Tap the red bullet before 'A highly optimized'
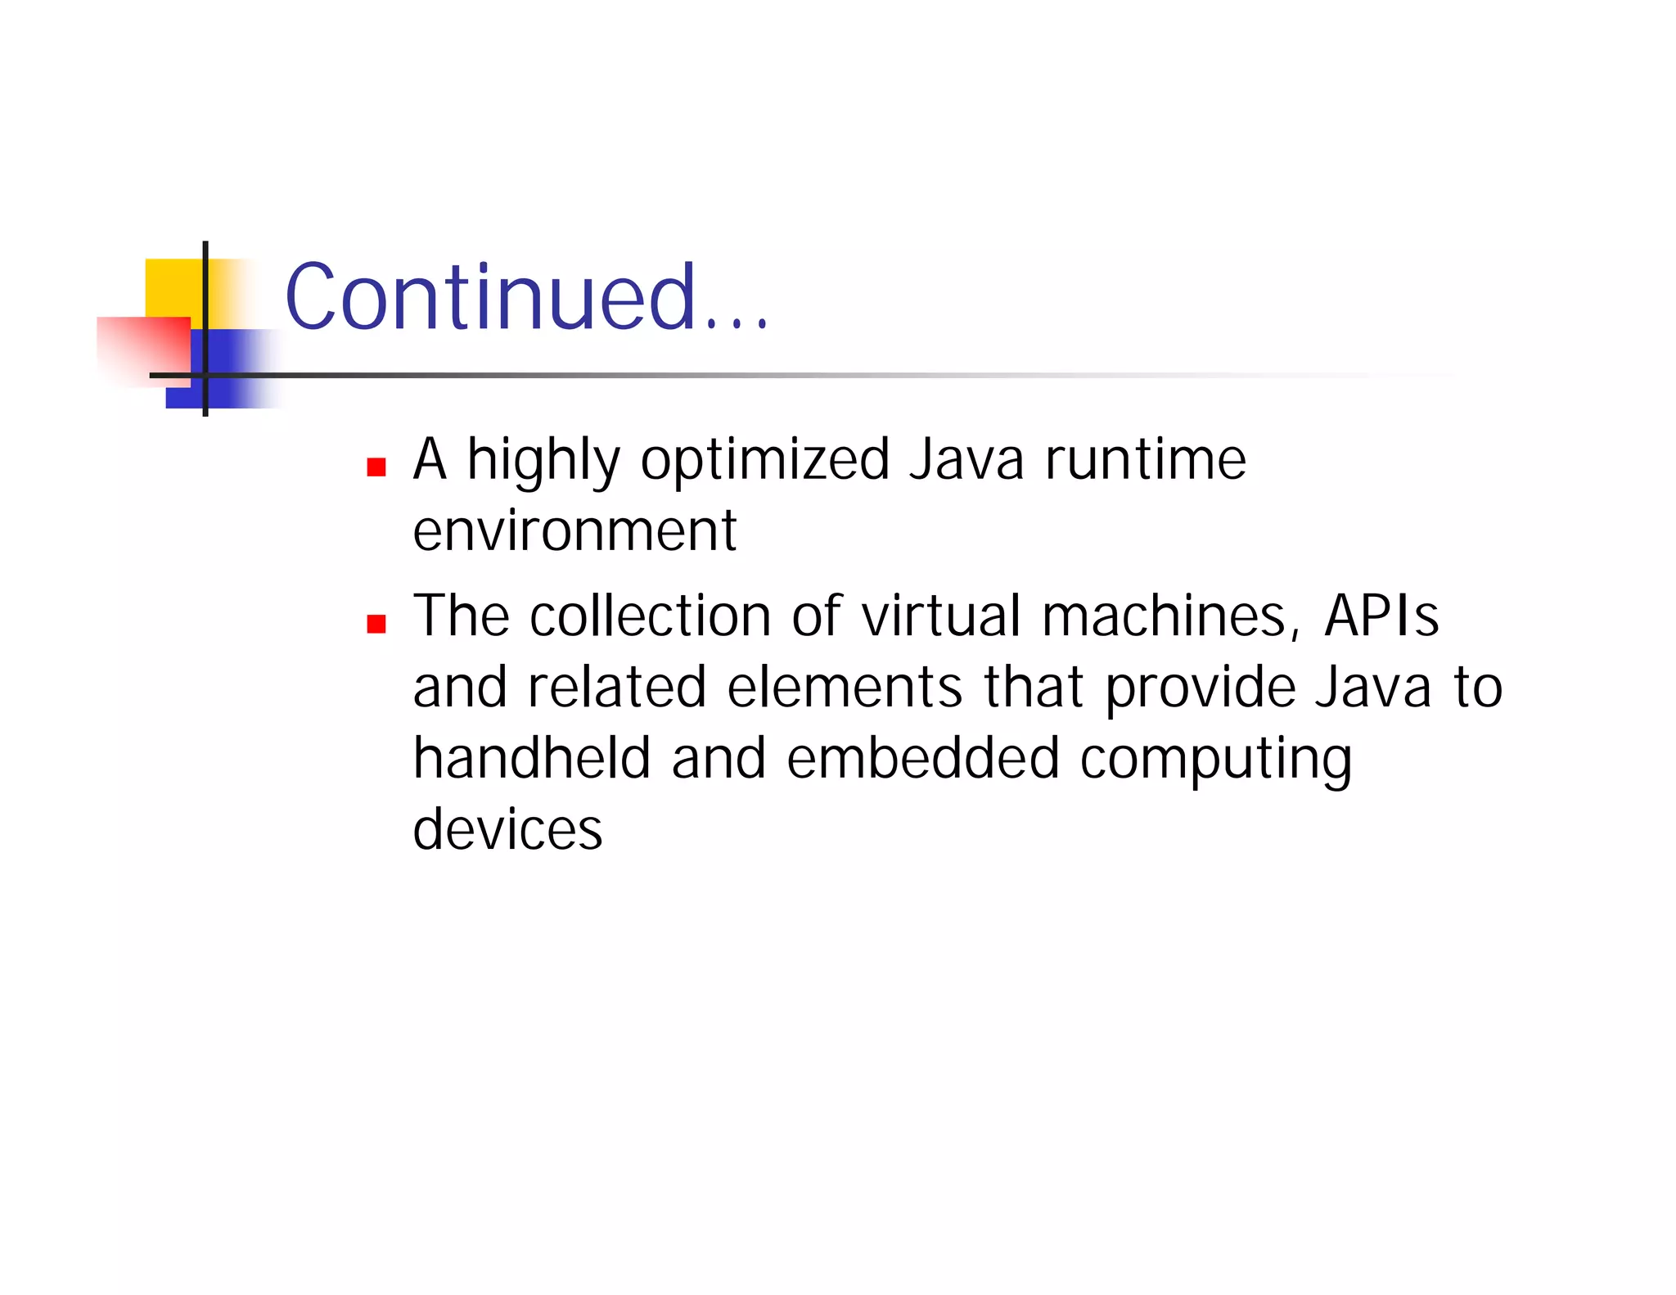tap(376, 467)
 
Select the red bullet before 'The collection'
tap(376, 624)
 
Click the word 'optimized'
tap(765, 460)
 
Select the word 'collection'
tap(651, 616)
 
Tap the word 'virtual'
tap(941, 616)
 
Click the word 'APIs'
tap(1381, 616)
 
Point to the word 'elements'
tap(845, 687)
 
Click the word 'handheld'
tap(532, 758)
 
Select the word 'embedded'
tap(923, 758)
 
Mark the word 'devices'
tap(507, 829)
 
